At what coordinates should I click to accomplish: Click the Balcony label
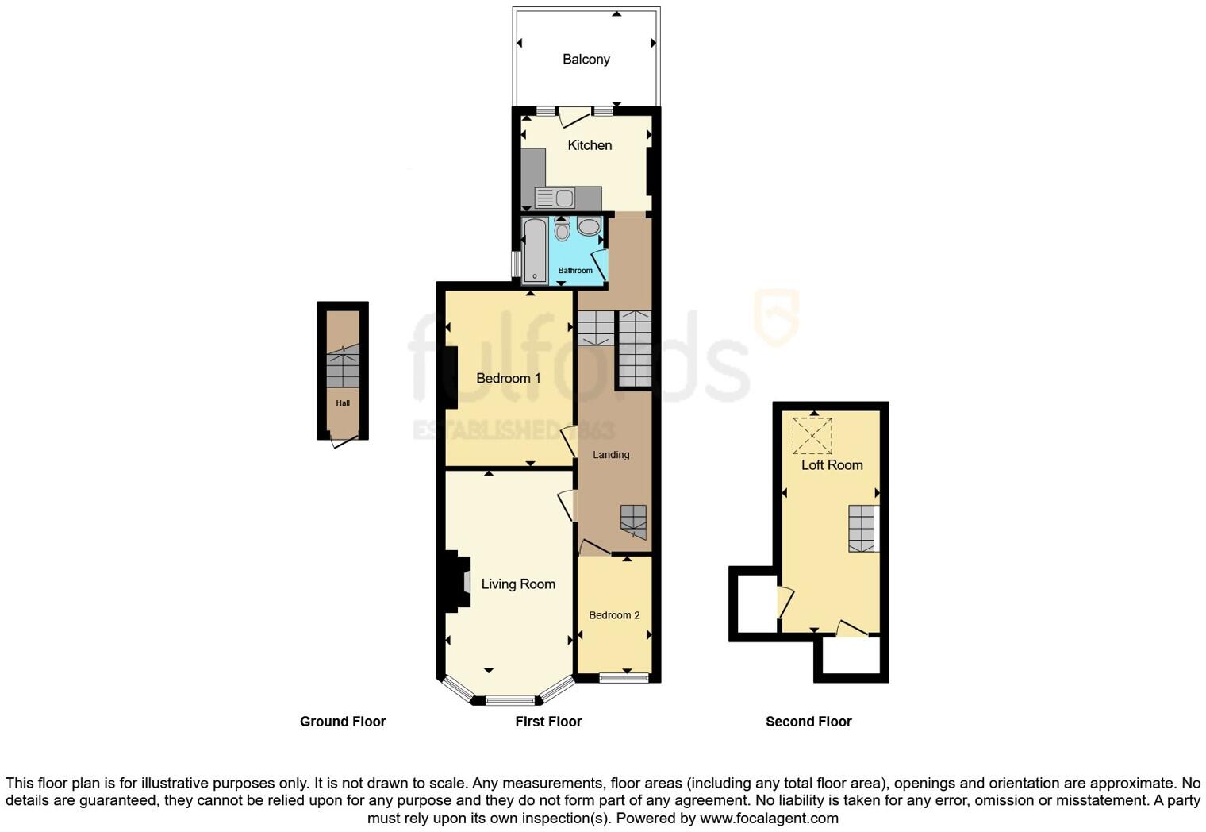pyautogui.click(x=586, y=60)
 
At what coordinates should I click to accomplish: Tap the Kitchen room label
pyautogui.click(x=590, y=145)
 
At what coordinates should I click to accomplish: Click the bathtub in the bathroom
pyautogui.click(x=535, y=250)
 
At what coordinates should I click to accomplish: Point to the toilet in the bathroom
pyautogui.click(x=562, y=229)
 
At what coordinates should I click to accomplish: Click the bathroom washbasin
pyautogui.click(x=589, y=227)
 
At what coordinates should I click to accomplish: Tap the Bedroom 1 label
pyautogui.click(x=508, y=378)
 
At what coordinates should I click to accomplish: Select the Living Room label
pyautogui.click(x=518, y=584)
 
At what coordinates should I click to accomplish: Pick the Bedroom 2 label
pyautogui.click(x=614, y=615)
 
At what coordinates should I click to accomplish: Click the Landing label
pyautogui.click(x=611, y=455)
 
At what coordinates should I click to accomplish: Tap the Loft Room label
pyautogui.click(x=832, y=465)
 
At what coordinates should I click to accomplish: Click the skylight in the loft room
pyautogui.click(x=812, y=435)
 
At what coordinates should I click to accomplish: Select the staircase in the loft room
pyautogui.click(x=862, y=529)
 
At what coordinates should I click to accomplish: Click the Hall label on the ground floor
pyautogui.click(x=343, y=403)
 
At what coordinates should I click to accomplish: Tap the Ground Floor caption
pyautogui.click(x=343, y=722)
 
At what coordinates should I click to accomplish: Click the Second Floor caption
pyautogui.click(x=808, y=722)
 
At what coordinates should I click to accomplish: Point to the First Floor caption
pyautogui.click(x=548, y=722)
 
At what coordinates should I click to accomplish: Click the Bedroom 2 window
pyautogui.click(x=624, y=677)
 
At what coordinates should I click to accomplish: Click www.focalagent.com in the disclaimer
pyautogui.click(x=769, y=819)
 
